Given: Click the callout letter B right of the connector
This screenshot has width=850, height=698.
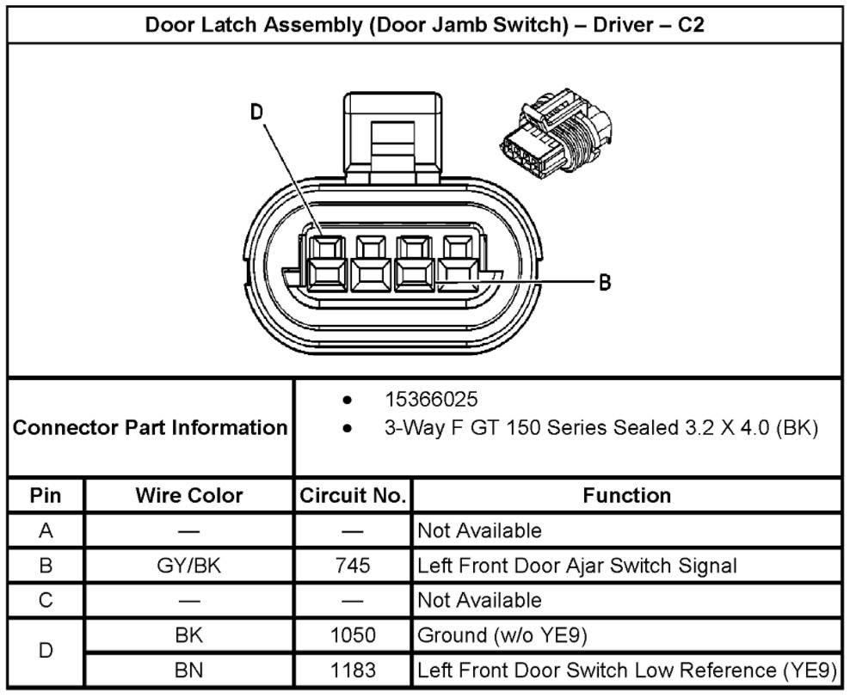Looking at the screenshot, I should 605,282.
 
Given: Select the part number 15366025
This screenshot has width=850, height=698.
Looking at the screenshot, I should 432,401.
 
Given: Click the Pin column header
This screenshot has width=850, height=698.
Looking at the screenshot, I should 46,495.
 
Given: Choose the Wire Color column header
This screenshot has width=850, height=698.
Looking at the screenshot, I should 189,495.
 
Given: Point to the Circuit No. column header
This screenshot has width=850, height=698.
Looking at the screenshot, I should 353,495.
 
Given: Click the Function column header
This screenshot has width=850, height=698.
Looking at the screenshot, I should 626,495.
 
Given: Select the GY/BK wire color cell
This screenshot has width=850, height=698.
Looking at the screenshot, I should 189,565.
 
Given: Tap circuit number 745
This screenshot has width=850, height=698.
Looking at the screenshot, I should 353,565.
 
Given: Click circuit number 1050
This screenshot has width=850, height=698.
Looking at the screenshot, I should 353,635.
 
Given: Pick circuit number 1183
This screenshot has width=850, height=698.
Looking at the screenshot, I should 353,670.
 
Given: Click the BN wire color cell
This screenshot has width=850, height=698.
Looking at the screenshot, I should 189,670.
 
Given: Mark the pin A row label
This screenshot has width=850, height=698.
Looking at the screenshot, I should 46,530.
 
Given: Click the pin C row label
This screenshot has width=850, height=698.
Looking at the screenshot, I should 46,599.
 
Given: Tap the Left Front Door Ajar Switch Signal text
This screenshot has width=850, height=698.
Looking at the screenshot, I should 576,565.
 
